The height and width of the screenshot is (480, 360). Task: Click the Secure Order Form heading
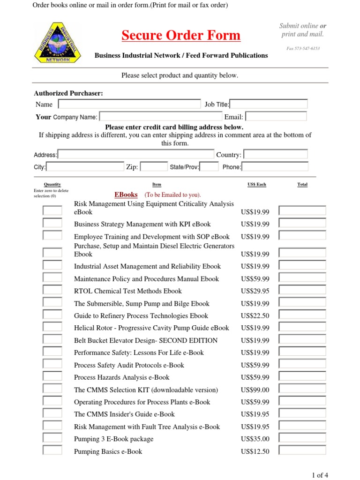tap(181, 35)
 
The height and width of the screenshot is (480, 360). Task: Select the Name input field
tap(129, 104)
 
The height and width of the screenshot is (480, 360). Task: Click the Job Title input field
tap(269, 104)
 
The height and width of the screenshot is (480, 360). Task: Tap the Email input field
tap(276, 116)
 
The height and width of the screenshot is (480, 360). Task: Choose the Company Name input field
tap(161, 116)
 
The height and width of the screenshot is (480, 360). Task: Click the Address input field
tap(135, 154)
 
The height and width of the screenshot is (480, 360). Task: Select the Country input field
tap(276, 154)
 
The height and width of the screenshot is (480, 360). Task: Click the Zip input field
tap(154, 166)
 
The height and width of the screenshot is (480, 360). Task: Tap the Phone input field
tap(275, 166)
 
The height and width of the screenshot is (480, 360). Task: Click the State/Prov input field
tap(210, 166)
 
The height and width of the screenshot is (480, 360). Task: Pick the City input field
tap(85, 166)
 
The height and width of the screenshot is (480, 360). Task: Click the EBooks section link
tap(126, 195)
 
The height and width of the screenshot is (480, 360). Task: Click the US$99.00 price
tap(255, 390)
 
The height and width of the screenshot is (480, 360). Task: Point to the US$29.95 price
tap(255, 291)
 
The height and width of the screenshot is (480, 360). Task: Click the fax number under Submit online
tap(303, 48)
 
